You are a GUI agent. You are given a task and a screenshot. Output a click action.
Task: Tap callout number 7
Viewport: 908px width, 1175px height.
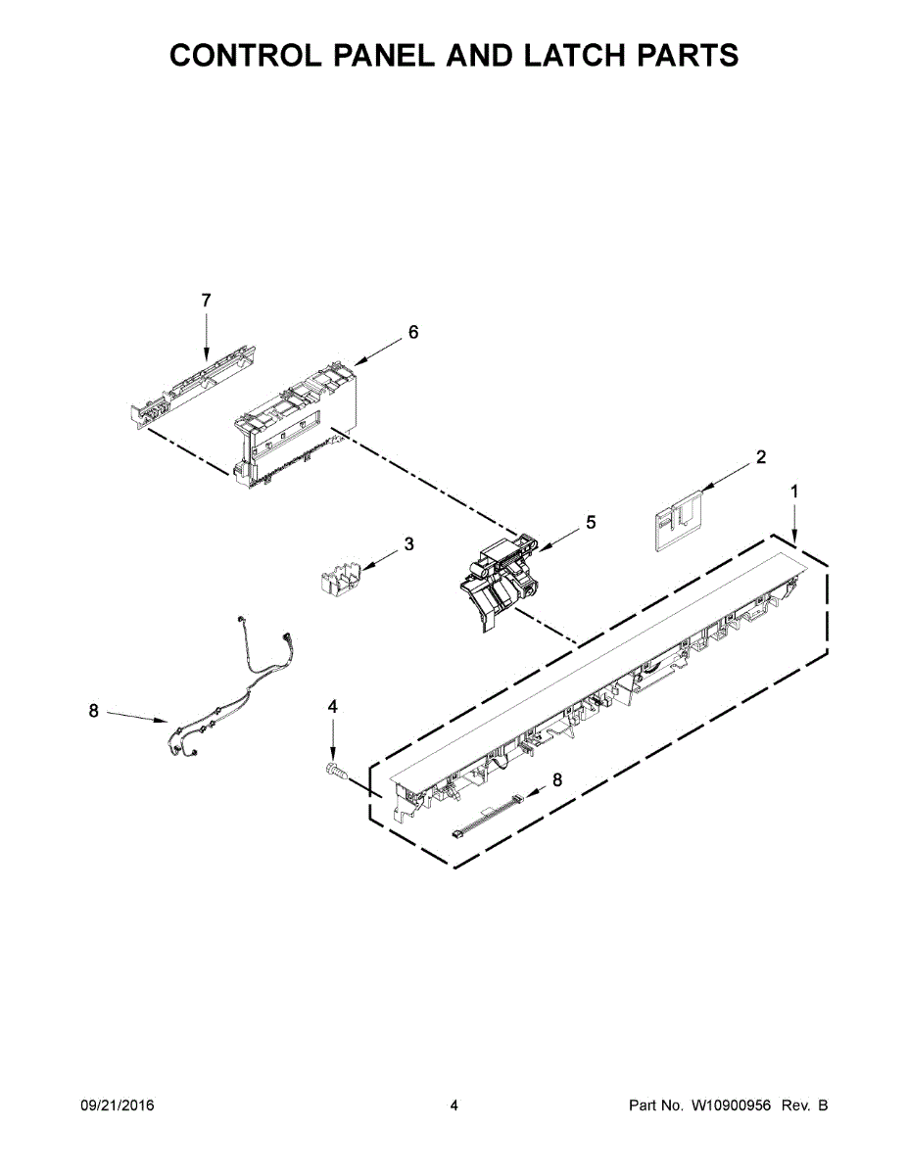tap(206, 301)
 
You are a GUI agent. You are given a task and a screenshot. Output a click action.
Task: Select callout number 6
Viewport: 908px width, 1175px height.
tap(413, 333)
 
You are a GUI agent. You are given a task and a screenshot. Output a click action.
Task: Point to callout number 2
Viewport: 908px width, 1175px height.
tap(761, 456)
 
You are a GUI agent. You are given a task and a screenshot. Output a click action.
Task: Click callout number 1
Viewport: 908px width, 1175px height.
tap(794, 492)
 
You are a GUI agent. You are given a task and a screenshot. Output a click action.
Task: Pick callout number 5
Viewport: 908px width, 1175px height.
tap(591, 523)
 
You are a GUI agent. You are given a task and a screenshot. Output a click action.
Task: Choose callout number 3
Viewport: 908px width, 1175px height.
tap(408, 543)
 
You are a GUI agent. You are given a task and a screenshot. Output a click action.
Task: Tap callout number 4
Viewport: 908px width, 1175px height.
tap(333, 706)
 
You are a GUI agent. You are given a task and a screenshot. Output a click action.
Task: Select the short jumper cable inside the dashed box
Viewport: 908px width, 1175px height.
tap(487, 816)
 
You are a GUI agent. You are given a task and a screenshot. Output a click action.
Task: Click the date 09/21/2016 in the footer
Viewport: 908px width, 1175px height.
tap(117, 1105)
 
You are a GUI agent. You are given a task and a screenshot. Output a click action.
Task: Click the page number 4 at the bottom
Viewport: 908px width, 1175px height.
tap(454, 1105)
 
